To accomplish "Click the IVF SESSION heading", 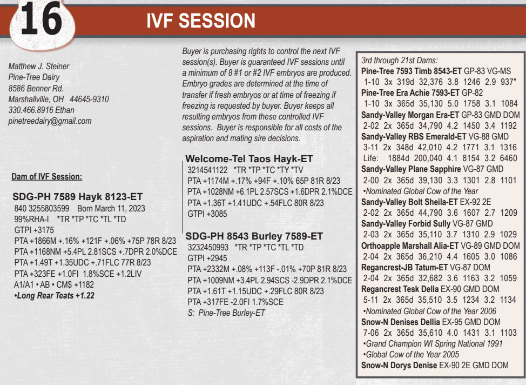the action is coord(200,21).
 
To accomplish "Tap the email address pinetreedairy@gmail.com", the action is coord(50,121).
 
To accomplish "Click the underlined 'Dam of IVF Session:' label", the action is coord(46,177).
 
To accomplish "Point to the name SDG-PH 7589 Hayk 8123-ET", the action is coord(77,196).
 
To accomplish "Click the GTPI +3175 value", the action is coord(34,230).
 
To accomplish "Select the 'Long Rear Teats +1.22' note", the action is coord(55,296).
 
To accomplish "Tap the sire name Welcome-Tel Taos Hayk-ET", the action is coord(249,159).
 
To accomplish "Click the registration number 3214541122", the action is coord(207,170).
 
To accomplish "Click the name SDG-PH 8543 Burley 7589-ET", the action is coord(254,236).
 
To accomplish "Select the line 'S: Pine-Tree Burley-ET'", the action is coord(226,313).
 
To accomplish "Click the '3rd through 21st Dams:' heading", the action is coord(399,61).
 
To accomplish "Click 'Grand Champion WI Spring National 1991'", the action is coord(433,344).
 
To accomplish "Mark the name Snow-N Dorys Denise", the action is coord(399,365).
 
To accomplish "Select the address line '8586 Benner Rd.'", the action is coord(36,88).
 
